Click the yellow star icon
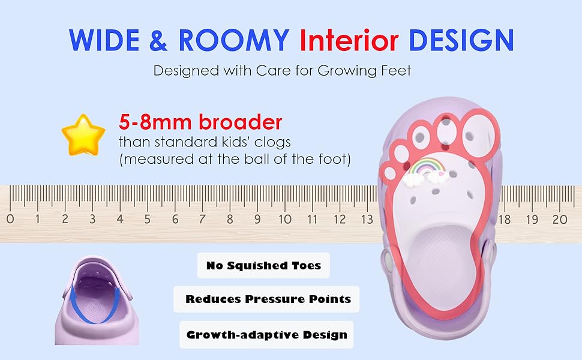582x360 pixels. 83,135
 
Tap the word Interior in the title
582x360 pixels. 349,40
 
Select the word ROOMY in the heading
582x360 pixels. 233,40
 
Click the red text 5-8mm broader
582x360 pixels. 200,122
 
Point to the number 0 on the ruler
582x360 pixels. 10,220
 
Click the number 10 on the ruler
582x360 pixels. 285,220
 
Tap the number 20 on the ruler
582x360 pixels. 559,220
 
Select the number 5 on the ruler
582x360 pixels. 148,220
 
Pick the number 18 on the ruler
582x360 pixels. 505,220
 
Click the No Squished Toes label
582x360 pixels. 263,265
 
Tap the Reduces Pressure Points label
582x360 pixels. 268,299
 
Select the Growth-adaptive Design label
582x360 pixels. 266,334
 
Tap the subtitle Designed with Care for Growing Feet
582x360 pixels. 283,70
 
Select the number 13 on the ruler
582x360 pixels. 367,220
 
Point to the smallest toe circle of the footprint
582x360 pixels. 390,173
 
